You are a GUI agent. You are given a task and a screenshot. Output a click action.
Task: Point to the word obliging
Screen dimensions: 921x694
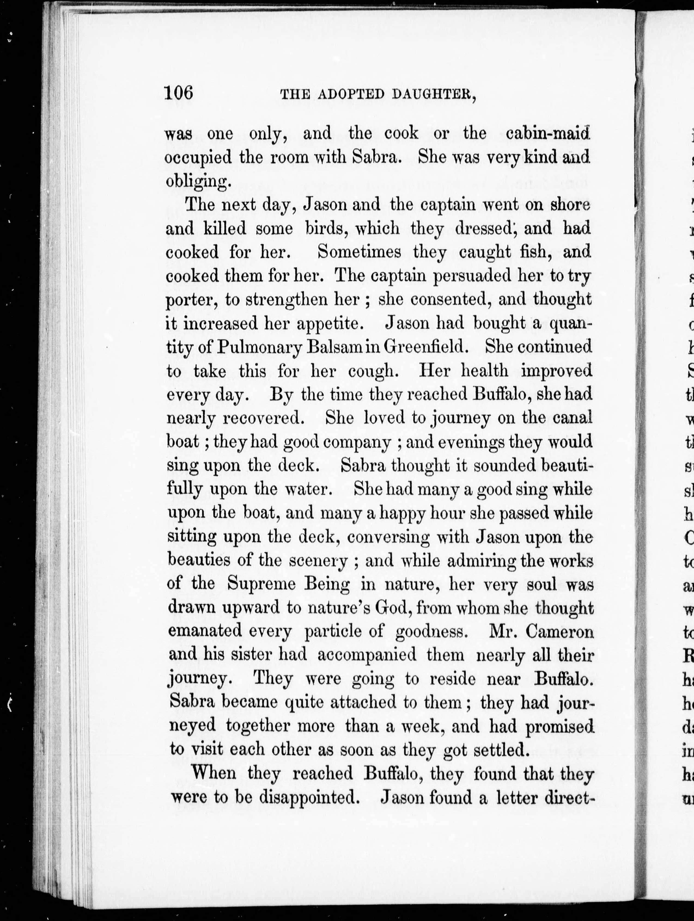[x=197, y=182]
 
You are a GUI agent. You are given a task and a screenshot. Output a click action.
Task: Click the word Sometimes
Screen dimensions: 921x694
[x=359, y=252]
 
